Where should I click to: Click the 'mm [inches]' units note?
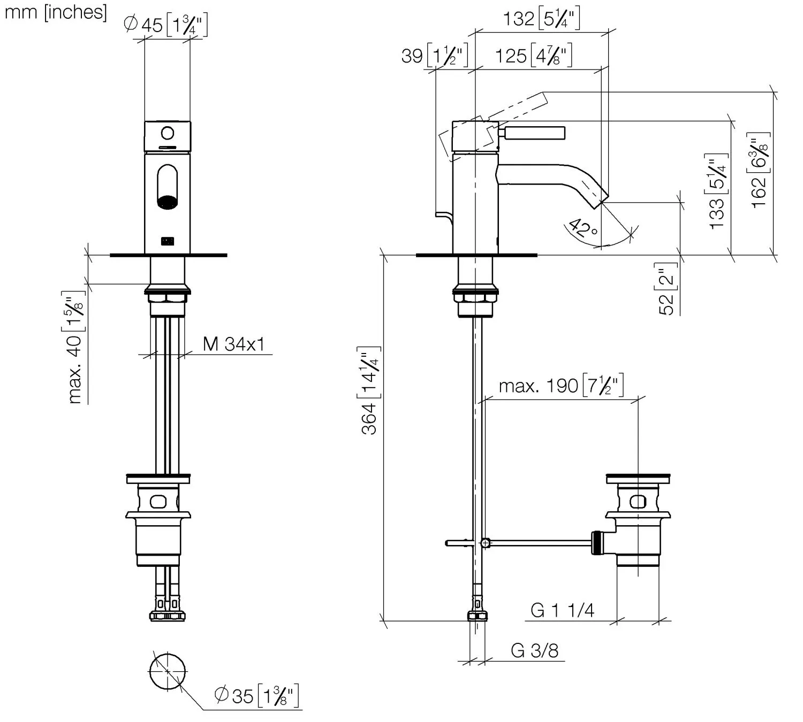[x=56, y=12]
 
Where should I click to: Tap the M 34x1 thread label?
[x=234, y=344]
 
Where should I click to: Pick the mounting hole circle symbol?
[x=168, y=671]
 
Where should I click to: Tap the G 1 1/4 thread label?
[x=562, y=610]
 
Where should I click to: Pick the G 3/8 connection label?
[x=534, y=650]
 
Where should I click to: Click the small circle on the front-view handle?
[x=168, y=132]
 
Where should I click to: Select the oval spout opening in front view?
[x=168, y=187]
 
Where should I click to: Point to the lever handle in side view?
[x=535, y=132]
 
